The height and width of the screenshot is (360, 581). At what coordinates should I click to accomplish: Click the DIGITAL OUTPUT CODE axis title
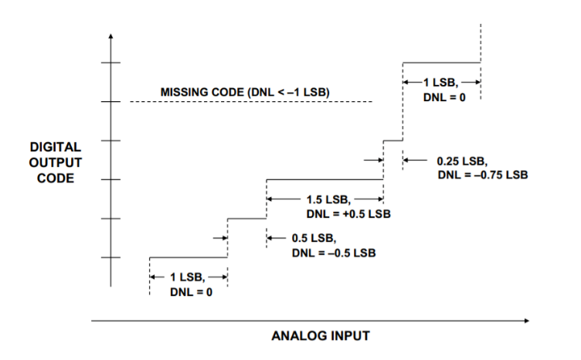coord(56,161)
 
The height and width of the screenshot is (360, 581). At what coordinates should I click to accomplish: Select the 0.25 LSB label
coord(461,161)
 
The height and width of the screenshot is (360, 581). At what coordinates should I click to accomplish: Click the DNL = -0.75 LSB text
coord(482,175)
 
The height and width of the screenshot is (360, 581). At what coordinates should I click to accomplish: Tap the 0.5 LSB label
coord(314,238)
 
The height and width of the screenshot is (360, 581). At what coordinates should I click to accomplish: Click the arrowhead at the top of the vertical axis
coord(111,36)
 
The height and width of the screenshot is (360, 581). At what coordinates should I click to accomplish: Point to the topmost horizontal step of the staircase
coord(441,63)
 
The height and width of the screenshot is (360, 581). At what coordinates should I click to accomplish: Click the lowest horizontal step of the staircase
coord(188,257)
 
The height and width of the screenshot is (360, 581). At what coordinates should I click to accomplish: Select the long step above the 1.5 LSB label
coord(324,179)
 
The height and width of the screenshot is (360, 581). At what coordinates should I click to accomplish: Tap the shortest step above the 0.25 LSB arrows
coord(393,141)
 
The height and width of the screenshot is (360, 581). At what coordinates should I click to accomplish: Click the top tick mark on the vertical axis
coord(111,63)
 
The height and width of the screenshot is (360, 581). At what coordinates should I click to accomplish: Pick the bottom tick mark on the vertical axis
coord(111,257)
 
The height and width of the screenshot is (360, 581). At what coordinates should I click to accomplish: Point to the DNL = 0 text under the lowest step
coord(189,291)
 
